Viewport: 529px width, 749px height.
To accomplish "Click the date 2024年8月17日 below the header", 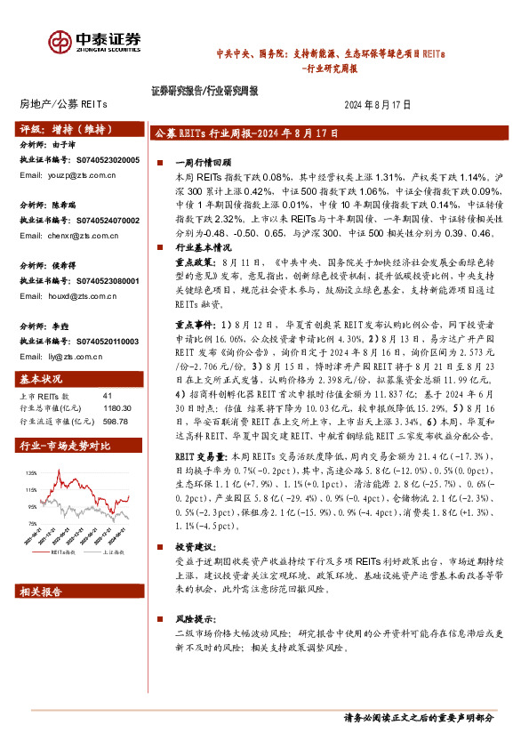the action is [377, 104].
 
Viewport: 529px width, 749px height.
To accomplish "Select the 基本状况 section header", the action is [41, 380].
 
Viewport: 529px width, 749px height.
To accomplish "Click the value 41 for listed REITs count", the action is [108, 395].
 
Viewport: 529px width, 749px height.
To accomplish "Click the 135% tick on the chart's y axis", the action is [32, 474].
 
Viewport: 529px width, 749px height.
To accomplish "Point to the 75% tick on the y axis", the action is [33, 523].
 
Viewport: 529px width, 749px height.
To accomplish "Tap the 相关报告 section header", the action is [41, 591].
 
